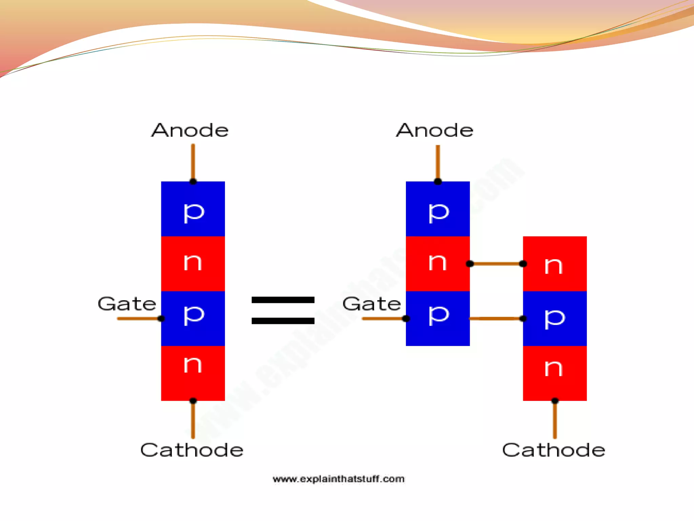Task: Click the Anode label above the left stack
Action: (x=190, y=130)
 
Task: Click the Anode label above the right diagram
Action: (x=435, y=130)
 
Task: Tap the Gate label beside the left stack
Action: (x=127, y=304)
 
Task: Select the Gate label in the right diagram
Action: (x=372, y=304)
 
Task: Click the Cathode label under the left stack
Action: (x=192, y=450)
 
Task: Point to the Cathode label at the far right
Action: (x=554, y=450)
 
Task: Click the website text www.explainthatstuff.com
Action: (x=339, y=479)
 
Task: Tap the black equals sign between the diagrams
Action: (x=283, y=310)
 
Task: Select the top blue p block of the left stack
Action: (x=193, y=209)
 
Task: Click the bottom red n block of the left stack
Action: (x=193, y=373)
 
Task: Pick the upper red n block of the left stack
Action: (x=193, y=264)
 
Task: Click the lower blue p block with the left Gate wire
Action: (x=193, y=319)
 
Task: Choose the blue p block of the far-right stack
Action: (x=555, y=319)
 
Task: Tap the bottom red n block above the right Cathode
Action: (x=555, y=373)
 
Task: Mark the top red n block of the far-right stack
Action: (x=555, y=264)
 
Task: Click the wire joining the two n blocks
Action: (x=496, y=264)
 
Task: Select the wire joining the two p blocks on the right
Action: (x=496, y=319)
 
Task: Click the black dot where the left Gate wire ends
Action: (x=161, y=319)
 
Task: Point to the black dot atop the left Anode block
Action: (x=193, y=181)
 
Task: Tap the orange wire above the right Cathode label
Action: (x=555, y=421)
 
